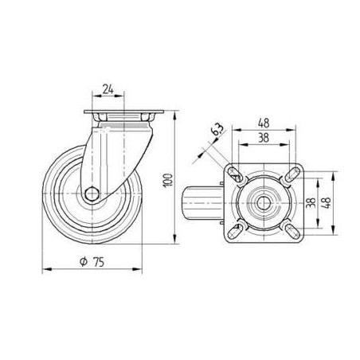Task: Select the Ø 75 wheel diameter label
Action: coord(94,261)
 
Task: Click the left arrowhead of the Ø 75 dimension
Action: coord(45,269)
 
